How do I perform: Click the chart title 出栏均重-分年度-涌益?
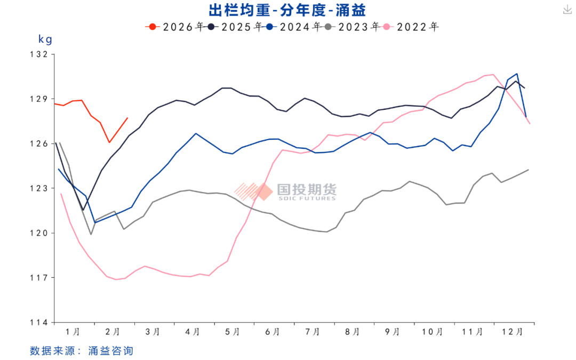tap(287, 9)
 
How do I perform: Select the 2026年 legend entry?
tap(177, 26)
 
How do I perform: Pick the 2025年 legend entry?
tap(235, 26)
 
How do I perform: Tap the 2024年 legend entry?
tap(294, 26)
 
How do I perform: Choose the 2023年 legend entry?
tap(353, 26)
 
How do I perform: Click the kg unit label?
tap(45, 39)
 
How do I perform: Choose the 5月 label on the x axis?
tap(233, 332)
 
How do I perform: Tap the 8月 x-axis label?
tap(352, 332)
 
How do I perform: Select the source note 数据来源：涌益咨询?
tap(81, 350)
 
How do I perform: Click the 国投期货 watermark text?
tap(307, 189)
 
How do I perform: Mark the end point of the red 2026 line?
tap(127, 118)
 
